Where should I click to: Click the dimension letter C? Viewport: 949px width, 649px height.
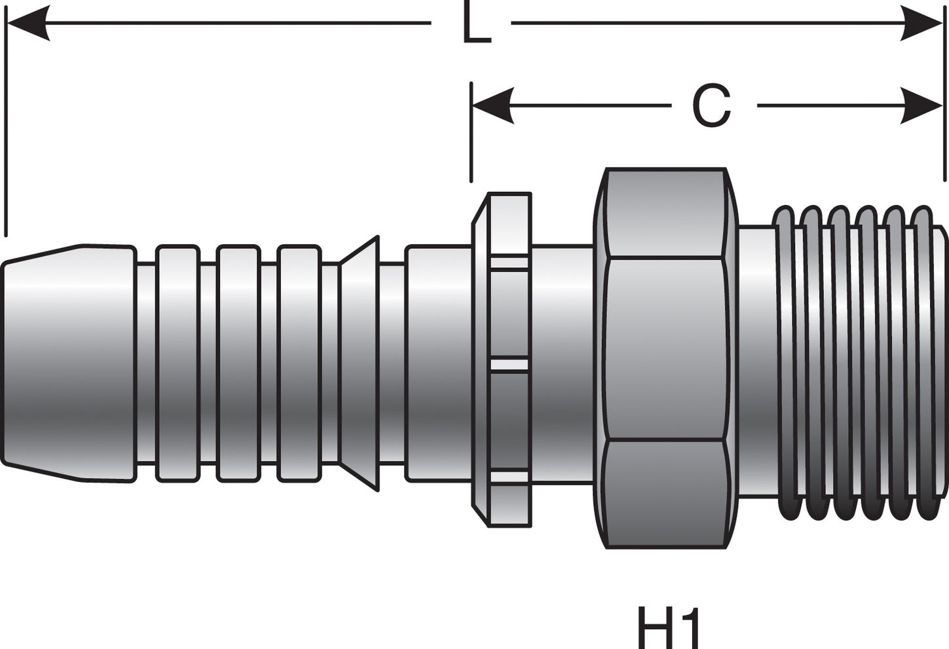pos(711,106)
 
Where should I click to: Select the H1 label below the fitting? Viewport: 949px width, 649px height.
pos(669,627)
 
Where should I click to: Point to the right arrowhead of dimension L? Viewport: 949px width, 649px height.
pos(922,24)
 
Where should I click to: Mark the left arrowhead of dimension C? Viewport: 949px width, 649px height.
pos(492,106)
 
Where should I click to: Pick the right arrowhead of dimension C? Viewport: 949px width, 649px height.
pos(922,106)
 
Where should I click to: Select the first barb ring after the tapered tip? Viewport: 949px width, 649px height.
pos(177,363)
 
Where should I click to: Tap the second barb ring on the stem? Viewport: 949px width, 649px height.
pos(238,363)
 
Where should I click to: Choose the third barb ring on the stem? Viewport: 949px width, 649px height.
pos(299,363)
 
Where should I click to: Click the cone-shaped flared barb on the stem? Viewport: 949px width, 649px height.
pos(360,363)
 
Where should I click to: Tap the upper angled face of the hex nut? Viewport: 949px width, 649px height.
pos(666,213)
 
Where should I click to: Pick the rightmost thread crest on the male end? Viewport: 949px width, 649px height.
pos(923,363)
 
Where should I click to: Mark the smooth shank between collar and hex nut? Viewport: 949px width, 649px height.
pos(562,363)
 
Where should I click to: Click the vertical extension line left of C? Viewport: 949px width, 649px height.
pos(471,131)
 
